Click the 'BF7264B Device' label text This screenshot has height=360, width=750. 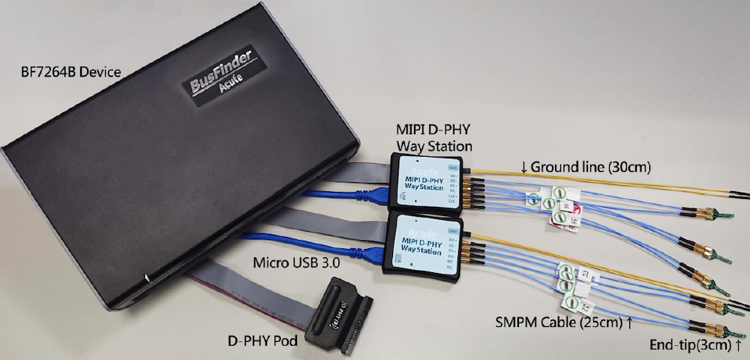point(71,73)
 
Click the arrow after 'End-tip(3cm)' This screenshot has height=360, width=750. point(740,345)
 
